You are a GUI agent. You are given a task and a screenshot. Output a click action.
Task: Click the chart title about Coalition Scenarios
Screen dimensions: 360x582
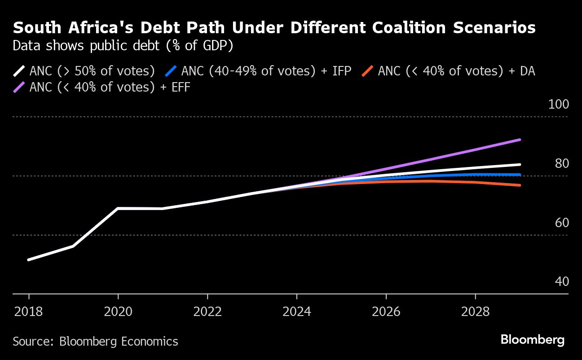[274, 28]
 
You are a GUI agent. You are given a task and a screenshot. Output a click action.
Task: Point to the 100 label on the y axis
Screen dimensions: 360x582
[558, 105]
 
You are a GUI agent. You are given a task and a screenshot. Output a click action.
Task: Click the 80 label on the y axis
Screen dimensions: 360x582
[562, 164]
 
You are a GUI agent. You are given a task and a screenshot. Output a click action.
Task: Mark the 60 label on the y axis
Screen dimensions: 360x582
[562, 223]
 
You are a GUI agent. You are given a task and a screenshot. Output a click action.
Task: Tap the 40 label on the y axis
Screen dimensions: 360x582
[562, 282]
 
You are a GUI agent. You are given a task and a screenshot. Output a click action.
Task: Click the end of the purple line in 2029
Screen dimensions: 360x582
[520, 140]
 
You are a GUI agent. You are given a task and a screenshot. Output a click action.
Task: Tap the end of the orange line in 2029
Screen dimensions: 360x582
[520, 185]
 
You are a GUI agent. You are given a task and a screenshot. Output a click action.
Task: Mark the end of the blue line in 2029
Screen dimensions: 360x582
[520, 175]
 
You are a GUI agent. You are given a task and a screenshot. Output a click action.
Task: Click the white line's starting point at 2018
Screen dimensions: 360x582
[29, 259]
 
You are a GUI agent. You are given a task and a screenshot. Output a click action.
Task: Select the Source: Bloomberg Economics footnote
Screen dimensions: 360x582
[95, 342]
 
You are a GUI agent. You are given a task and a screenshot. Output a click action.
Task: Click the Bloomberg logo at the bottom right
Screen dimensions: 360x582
[533, 340]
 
